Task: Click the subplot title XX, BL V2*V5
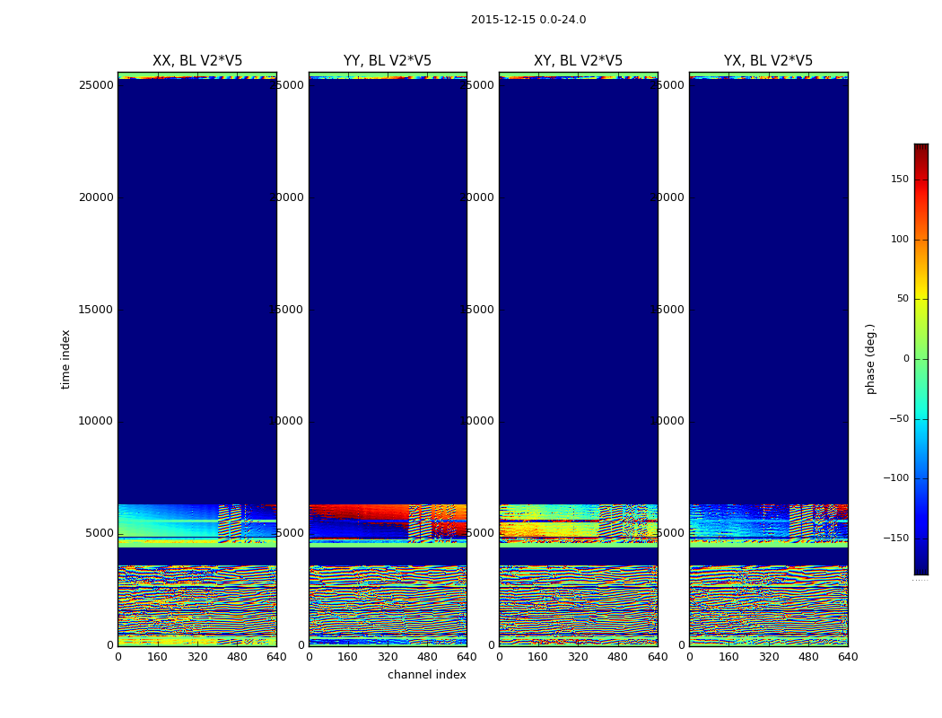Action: click(x=197, y=61)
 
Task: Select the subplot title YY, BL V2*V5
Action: click(x=388, y=61)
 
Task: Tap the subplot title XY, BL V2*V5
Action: click(x=578, y=61)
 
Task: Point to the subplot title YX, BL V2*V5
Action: click(x=768, y=61)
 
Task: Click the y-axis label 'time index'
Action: click(x=65, y=359)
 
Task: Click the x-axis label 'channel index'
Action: click(x=427, y=675)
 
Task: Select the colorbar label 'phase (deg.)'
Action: click(x=870, y=359)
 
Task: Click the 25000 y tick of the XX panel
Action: click(x=96, y=85)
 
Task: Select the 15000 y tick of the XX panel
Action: click(x=96, y=310)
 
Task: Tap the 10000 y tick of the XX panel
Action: click(x=96, y=421)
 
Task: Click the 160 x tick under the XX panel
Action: click(x=157, y=657)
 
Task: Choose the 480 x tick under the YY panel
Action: click(x=427, y=657)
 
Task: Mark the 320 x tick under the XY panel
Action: click(x=578, y=657)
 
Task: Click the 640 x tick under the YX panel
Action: click(x=848, y=657)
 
